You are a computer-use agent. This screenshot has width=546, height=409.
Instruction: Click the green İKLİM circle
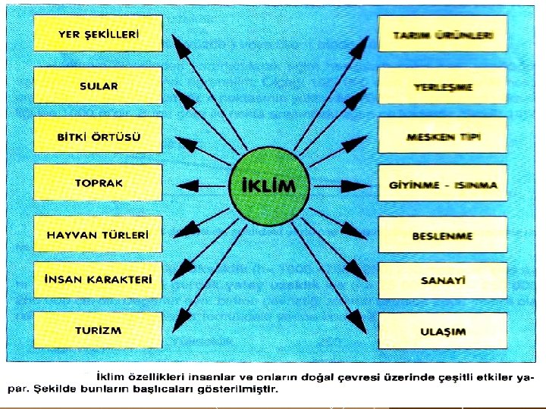268,185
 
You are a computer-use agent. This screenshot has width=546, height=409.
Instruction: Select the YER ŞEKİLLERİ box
99,35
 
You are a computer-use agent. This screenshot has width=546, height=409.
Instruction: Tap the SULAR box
99,86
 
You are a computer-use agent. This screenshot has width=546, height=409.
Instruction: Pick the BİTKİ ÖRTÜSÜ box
99,137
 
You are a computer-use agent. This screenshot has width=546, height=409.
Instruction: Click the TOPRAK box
99,183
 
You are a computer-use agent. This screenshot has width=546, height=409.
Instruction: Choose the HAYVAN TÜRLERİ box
99,235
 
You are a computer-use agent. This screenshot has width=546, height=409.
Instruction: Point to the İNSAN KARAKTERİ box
99,279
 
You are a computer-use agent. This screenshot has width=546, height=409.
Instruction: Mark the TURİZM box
99,331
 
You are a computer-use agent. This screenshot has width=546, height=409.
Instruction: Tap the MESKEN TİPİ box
443,138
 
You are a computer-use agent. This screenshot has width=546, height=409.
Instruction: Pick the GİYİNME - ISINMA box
443,185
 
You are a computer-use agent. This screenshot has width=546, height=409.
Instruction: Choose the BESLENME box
443,236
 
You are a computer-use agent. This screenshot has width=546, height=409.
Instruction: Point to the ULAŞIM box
443,332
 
